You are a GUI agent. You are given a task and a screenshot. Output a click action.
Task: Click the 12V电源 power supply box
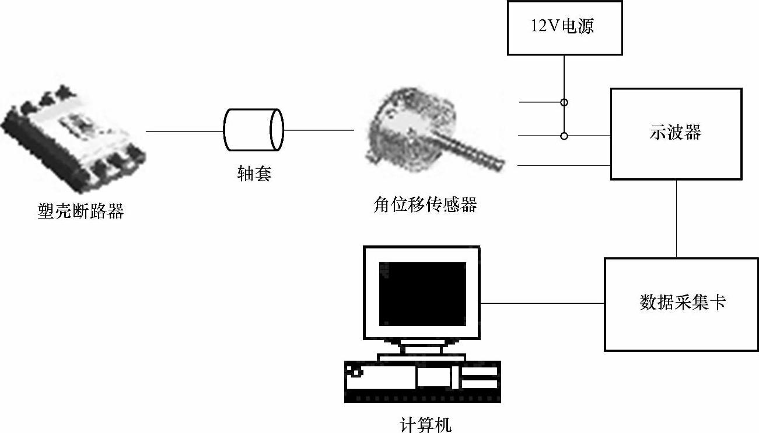click(x=564, y=28)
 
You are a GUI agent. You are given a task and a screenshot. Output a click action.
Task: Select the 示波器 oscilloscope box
click(x=676, y=134)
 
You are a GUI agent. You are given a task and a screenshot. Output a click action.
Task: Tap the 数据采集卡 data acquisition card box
click(x=681, y=304)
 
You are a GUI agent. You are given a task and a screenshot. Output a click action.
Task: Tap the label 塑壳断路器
click(x=81, y=211)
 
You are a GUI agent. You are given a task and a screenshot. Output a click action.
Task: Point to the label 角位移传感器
click(x=425, y=205)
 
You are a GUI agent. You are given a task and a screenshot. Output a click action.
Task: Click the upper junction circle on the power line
click(x=564, y=102)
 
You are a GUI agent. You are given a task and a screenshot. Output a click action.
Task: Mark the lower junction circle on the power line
click(x=564, y=136)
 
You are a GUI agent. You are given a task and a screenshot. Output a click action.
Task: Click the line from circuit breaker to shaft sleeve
click(x=184, y=131)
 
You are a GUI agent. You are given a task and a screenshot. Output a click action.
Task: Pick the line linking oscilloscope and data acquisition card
click(x=676, y=219)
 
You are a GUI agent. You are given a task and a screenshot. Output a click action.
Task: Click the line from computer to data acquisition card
click(x=542, y=303)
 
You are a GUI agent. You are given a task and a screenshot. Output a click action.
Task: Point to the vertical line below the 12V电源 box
click(x=564, y=76)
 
